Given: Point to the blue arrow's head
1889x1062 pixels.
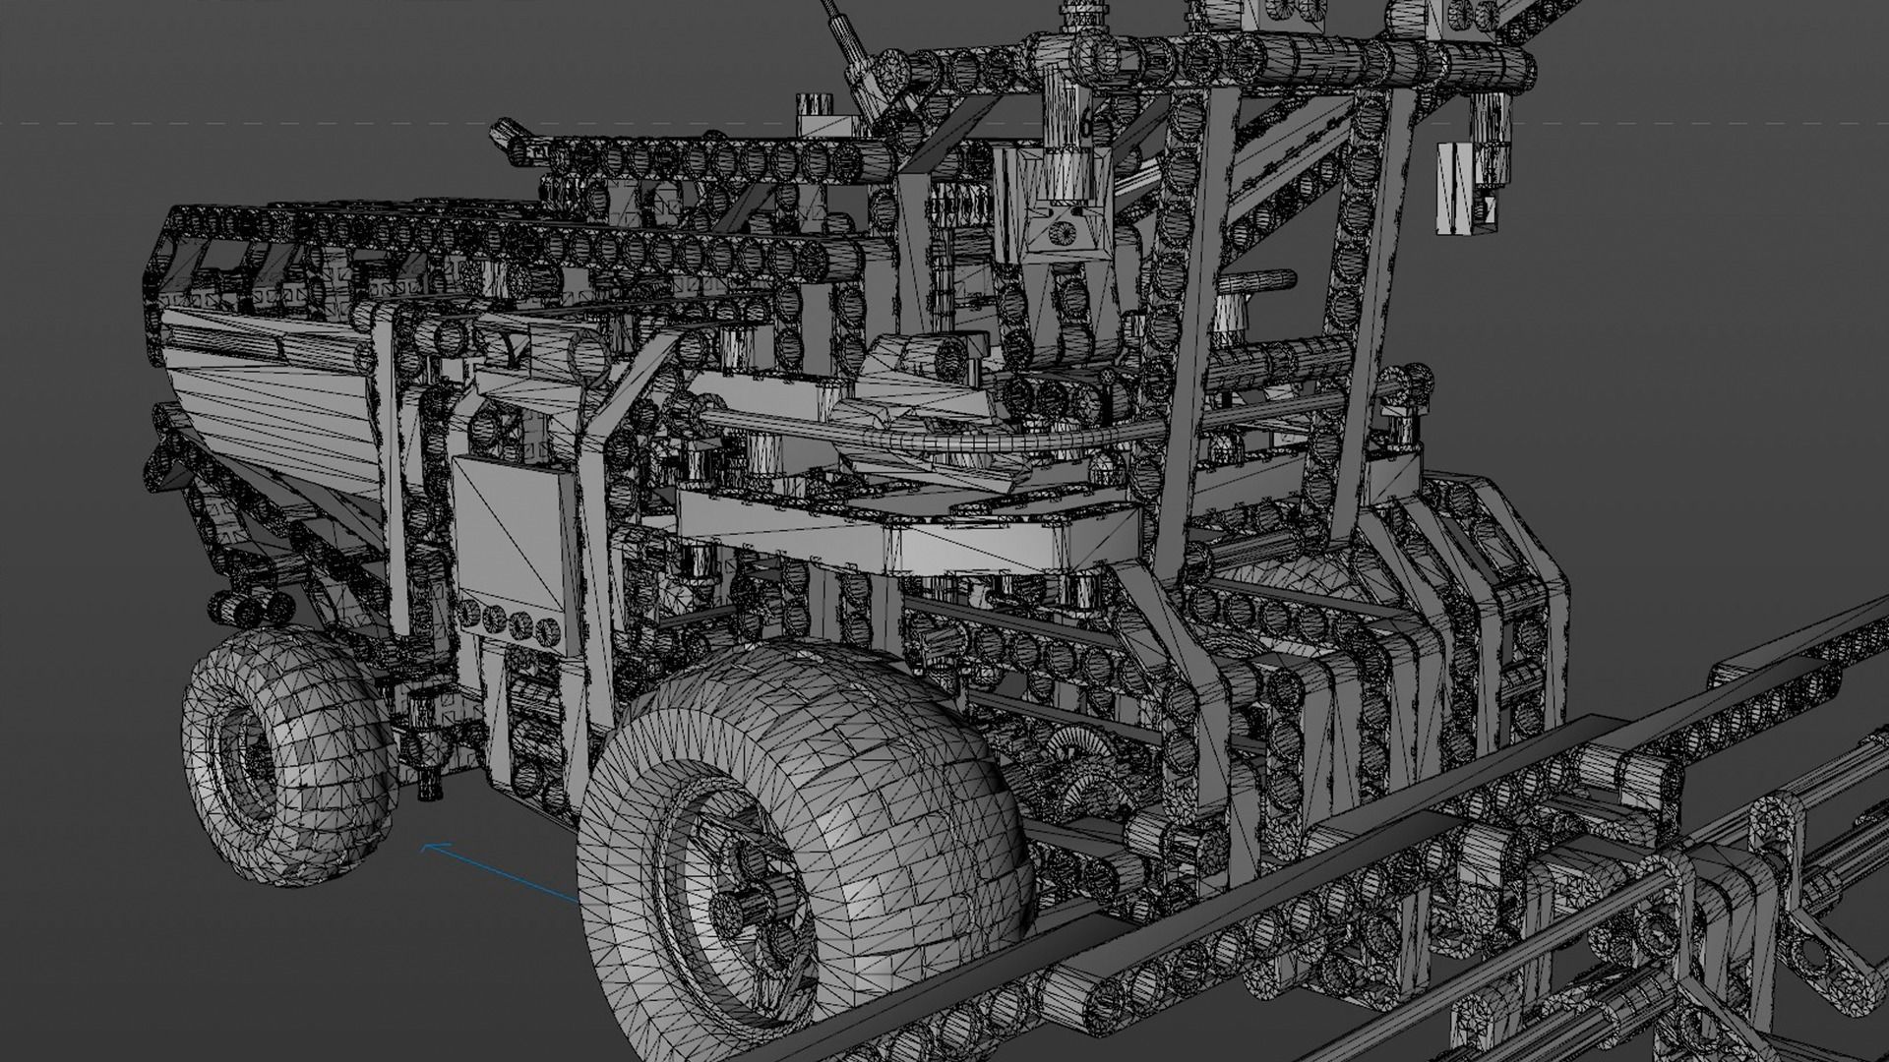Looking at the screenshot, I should pos(426,846).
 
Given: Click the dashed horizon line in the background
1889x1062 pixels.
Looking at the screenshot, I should pos(295,123).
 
